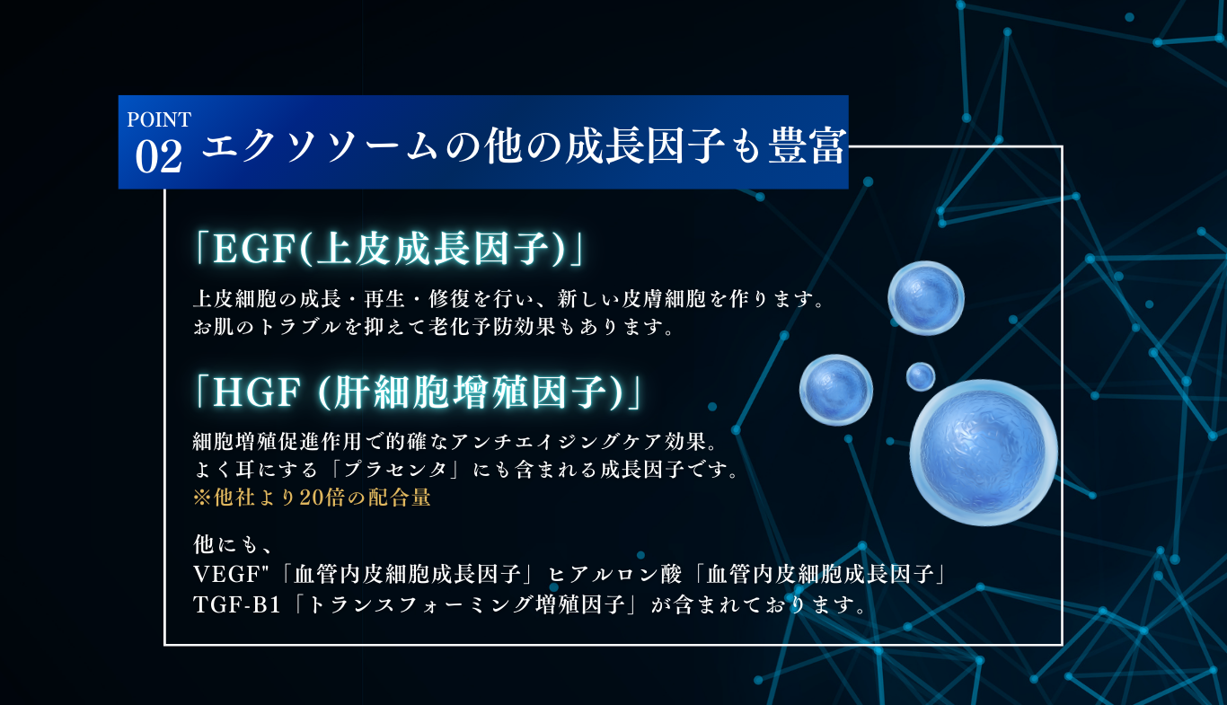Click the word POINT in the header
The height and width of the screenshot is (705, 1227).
[159, 119]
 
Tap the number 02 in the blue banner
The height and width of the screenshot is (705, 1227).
[158, 156]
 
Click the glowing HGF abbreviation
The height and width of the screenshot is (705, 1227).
[257, 392]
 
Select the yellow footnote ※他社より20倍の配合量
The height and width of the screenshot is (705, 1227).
[313, 498]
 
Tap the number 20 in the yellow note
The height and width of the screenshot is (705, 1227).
[312, 498]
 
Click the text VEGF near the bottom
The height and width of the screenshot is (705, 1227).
[226, 574]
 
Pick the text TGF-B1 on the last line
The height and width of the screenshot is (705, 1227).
[236, 604]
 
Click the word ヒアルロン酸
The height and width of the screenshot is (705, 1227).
[614, 574]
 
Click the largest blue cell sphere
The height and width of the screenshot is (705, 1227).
[984, 453]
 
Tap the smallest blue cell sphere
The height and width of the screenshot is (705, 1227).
[920, 376]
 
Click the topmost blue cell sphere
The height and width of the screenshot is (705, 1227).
[926, 298]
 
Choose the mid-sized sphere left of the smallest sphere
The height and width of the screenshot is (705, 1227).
[836, 390]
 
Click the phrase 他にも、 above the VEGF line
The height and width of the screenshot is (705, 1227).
[233, 544]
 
